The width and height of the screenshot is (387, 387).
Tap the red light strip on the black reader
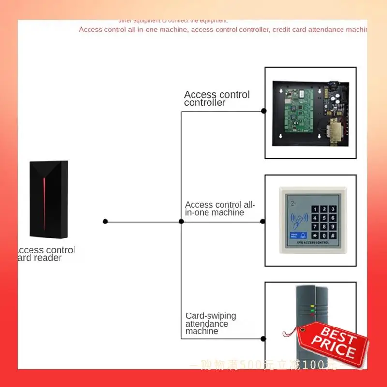tap(45, 198)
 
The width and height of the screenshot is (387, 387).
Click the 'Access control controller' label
tap(217, 99)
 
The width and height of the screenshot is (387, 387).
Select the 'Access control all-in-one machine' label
tap(220, 208)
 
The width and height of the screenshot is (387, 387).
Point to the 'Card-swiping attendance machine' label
tap(210, 323)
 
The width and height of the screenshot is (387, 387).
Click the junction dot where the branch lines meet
tap(181, 222)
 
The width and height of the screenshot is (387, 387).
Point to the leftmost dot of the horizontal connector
tap(105, 222)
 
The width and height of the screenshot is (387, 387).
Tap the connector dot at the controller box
tap(264, 111)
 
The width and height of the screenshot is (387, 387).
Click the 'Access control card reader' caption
tap(46, 254)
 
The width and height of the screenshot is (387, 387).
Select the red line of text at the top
tap(223, 30)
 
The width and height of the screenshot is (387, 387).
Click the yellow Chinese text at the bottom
tap(271, 364)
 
